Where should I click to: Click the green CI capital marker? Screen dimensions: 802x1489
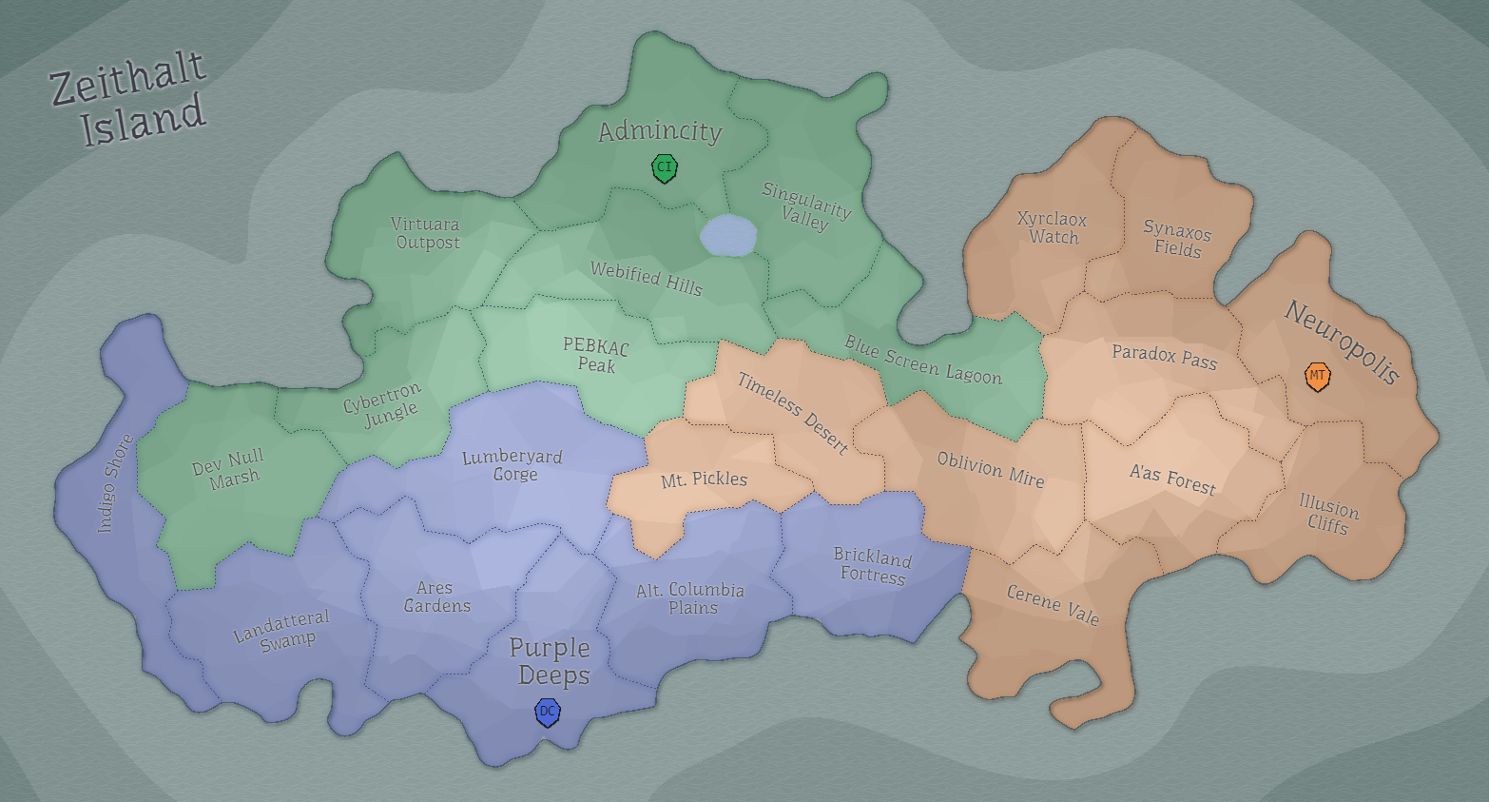click(x=664, y=168)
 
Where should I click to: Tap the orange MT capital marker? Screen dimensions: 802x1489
click(x=1317, y=376)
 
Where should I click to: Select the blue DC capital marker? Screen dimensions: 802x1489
click(x=548, y=712)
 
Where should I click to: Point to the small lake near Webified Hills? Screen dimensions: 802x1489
click(x=728, y=234)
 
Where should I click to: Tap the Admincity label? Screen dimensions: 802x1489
click(x=660, y=131)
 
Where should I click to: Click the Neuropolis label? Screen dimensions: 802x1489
click(x=1342, y=342)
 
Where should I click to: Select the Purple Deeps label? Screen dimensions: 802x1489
click(x=551, y=661)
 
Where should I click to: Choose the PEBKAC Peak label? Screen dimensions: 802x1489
click(x=596, y=355)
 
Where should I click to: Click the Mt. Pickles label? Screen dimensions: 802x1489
click(x=704, y=479)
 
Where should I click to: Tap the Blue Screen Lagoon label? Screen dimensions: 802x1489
click(x=922, y=361)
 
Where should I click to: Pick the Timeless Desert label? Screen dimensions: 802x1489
click(x=792, y=413)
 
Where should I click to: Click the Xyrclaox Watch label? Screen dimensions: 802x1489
click(x=1053, y=228)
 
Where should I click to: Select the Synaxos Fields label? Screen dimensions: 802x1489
click(x=1177, y=240)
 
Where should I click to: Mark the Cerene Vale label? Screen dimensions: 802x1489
click(x=1053, y=605)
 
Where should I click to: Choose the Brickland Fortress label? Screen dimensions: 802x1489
click(x=872, y=565)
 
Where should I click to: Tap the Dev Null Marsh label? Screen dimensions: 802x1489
click(x=229, y=469)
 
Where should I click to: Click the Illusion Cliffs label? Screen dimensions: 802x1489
click(x=1328, y=515)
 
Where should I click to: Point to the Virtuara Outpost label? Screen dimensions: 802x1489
click(x=426, y=233)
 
